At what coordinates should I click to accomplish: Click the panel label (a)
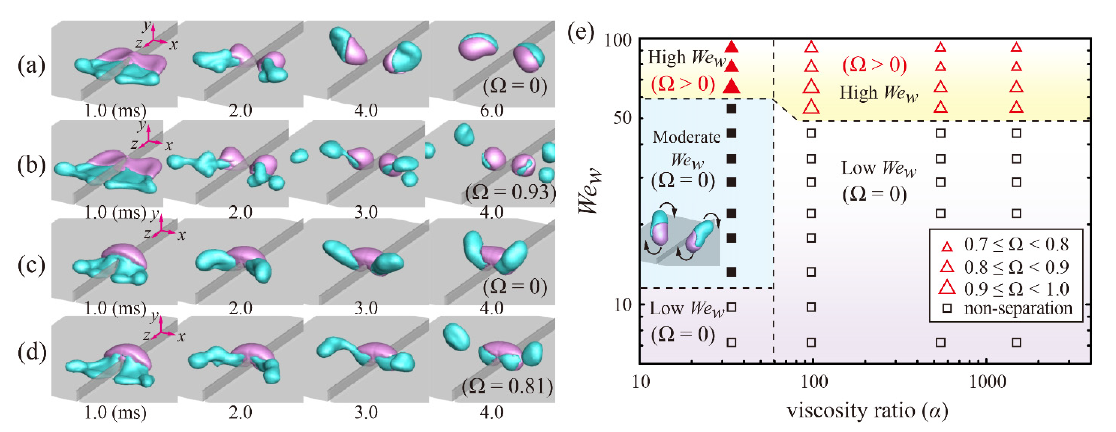click(x=31, y=66)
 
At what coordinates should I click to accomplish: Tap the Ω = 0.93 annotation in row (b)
click(x=510, y=192)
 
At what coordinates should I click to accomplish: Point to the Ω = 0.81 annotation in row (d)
click(x=507, y=386)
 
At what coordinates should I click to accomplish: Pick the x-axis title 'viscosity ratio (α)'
click(x=867, y=410)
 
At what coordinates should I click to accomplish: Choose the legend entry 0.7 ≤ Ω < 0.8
click(x=1016, y=245)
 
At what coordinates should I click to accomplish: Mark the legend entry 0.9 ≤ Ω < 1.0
click(x=1016, y=288)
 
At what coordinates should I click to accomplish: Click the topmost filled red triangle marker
click(x=732, y=46)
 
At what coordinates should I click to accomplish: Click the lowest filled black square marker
click(x=732, y=272)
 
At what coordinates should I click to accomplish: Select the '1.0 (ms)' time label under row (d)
click(x=115, y=412)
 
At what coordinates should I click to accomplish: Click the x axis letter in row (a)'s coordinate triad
click(x=173, y=45)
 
